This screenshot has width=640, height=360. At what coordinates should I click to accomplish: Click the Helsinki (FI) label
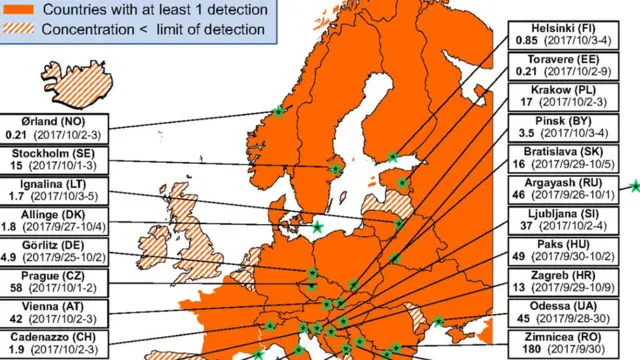(x=547, y=28)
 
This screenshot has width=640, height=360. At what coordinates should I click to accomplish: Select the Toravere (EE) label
(x=553, y=58)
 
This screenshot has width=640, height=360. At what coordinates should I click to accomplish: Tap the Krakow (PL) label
(x=548, y=88)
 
